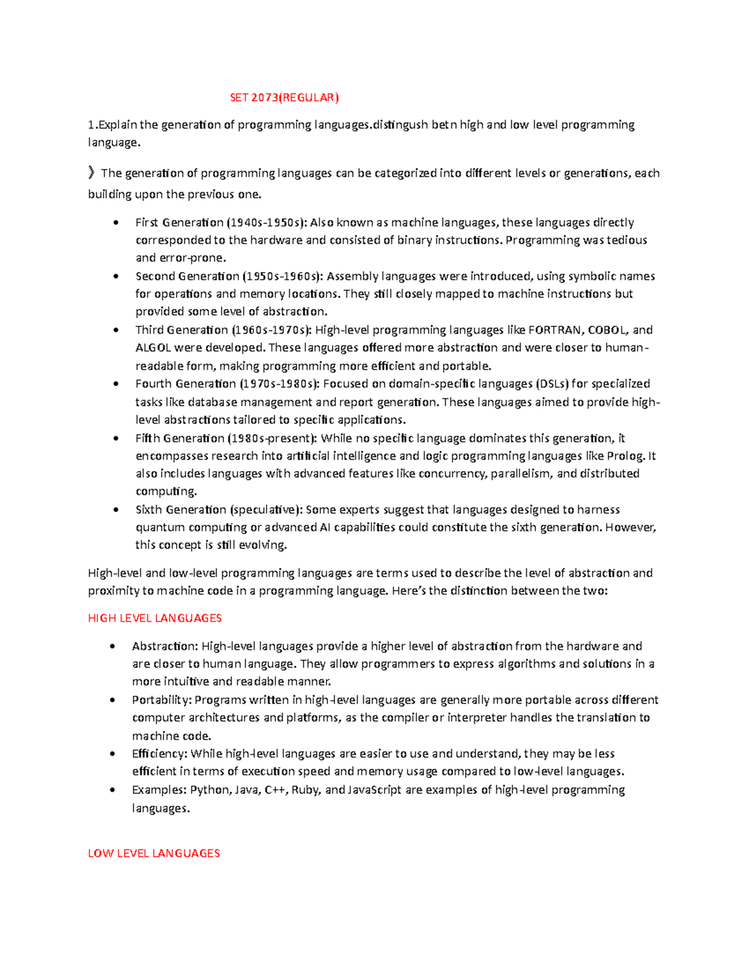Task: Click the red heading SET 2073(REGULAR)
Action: pyautogui.click(x=284, y=97)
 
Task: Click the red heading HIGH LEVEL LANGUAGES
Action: pyautogui.click(x=155, y=618)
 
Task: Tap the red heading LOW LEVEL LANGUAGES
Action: pyautogui.click(x=154, y=853)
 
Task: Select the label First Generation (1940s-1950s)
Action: pyautogui.click(x=221, y=223)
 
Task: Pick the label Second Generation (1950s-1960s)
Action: pyautogui.click(x=229, y=276)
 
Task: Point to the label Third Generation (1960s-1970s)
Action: pyautogui.click(x=223, y=330)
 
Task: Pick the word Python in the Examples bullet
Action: pyautogui.click(x=210, y=790)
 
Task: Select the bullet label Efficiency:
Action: pyautogui.click(x=159, y=754)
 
